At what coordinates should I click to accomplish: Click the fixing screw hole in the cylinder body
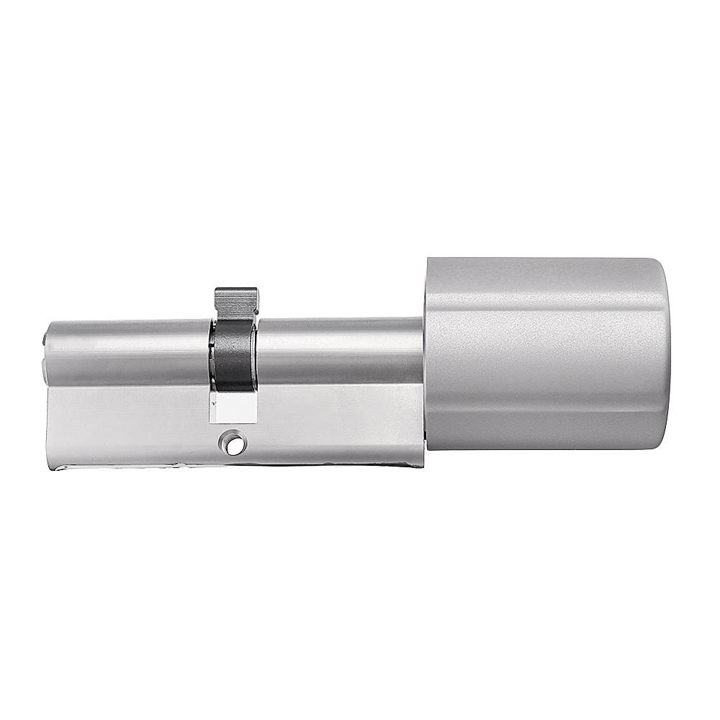coord(232,444)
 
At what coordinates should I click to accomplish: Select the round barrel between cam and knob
coord(338,351)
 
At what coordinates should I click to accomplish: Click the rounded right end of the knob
coord(664,353)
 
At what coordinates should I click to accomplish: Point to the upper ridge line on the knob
coord(547,311)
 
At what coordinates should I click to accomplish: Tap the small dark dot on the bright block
coord(215,404)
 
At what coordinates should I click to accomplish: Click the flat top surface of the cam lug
coord(235,289)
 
